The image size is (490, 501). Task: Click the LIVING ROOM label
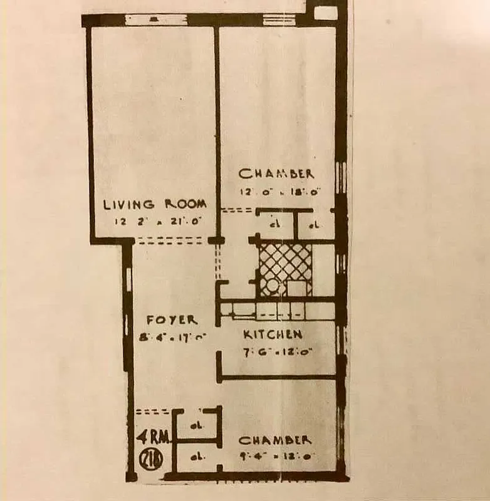(155, 204)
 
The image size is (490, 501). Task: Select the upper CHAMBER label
(276, 173)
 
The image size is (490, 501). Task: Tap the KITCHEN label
(273, 334)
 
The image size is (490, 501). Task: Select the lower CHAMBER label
(274, 440)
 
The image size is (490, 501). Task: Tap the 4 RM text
(150, 436)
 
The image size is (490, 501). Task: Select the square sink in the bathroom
(298, 287)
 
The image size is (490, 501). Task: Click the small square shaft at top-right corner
(325, 13)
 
